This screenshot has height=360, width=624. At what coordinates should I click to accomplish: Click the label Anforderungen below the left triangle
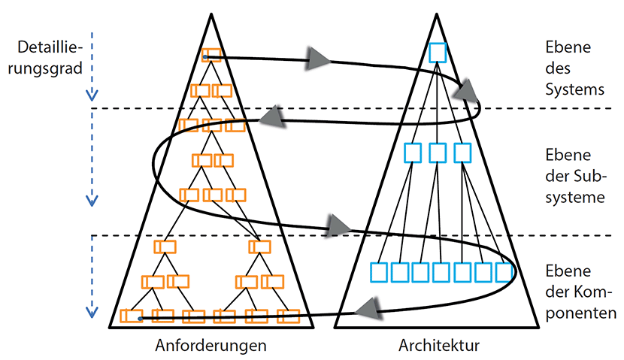click(x=211, y=346)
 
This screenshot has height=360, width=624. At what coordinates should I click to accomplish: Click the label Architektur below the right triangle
click(x=438, y=346)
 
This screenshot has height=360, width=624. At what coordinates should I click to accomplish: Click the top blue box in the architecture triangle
click(x=438, y=53)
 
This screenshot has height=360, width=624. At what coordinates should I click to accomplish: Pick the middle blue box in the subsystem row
click(x=438, y=153)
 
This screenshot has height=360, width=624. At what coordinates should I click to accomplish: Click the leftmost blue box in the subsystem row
click(x=413, y=153)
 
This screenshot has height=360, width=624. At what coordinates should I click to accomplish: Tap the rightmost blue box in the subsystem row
click(x=462, y=153)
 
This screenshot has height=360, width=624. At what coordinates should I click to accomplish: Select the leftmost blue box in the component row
click(x=380, y=271)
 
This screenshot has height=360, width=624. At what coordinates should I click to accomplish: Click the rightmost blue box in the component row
click(x=504, y=271)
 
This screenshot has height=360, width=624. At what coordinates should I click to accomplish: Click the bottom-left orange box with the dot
click(x=132, y=316)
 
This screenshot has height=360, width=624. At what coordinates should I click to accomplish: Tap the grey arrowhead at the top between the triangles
click(x=319, y=57)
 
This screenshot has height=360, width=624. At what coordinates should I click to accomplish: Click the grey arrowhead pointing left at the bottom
click(x=365, y=305)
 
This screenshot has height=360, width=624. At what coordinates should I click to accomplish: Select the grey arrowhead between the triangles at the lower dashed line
click(x=339, y=223)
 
